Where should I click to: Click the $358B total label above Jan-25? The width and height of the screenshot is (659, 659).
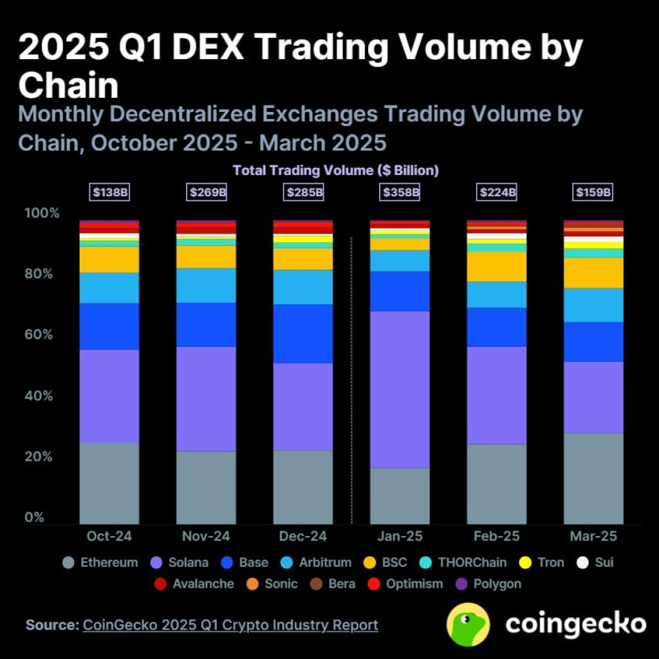[400, 192]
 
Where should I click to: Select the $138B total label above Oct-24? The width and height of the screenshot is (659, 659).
[109, 192]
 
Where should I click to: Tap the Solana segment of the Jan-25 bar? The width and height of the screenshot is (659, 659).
[400, 389]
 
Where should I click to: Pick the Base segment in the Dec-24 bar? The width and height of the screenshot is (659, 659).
[303, 333]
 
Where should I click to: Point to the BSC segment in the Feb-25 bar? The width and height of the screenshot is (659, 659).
[496, 266]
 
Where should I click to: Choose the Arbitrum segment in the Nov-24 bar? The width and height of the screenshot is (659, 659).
[206, 285]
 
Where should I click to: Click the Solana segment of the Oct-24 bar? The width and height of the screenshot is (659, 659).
[109, 396]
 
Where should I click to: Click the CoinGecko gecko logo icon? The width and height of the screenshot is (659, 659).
[469, 624]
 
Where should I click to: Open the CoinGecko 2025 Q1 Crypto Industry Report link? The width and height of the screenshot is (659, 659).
[230, 625]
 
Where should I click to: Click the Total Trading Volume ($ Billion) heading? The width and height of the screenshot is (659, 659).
[335, 171]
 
